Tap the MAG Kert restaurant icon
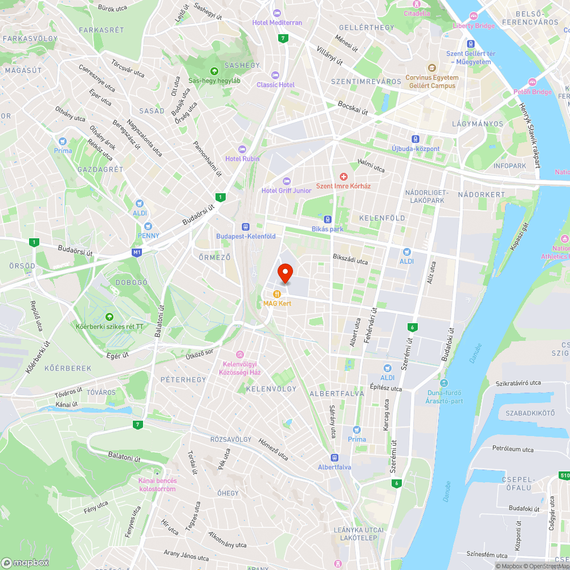click(276, 294)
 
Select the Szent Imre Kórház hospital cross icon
click(344, 177)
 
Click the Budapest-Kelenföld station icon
click(246, 226)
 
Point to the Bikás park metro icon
click(328, 219)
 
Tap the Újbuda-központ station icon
click(416, 139)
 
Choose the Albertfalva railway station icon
click(335, 457)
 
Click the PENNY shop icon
click(148, 226)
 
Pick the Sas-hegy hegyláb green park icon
click(214, 71)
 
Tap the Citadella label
click(417, 13)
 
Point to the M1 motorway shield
click(136, 252)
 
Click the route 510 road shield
click(564, 475)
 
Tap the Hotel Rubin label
click(242, 158)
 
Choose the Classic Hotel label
click(275, 84)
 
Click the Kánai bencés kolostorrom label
click(157, 484)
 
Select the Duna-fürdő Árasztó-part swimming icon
click(444, 383)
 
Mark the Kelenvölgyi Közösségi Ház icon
click(239, 355)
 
